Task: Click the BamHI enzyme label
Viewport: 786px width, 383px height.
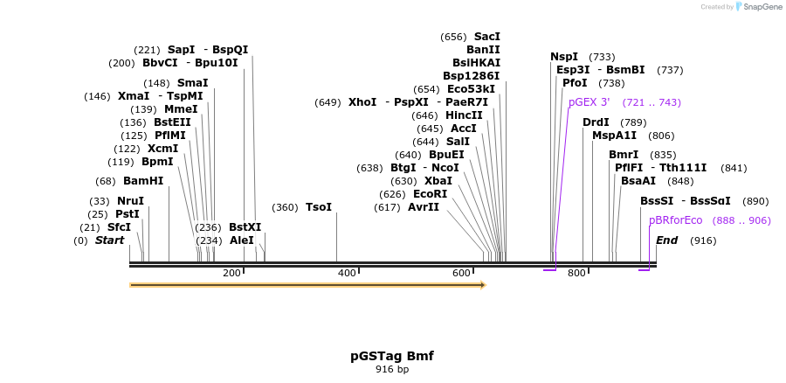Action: click(143, 181)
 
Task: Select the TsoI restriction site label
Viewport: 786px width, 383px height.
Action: click(318, 207)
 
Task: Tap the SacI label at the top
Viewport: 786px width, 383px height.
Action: click(486, 37)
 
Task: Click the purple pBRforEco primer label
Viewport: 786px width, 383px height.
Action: click(675, 220)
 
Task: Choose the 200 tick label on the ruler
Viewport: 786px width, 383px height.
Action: click(231, 274)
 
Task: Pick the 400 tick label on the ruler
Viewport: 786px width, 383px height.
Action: click(347, 274)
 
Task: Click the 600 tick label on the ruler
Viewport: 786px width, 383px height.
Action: click(462, 274)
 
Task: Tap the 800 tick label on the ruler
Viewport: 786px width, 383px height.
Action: click(576, 274)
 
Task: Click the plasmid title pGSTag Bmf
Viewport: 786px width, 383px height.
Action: click(392, 356)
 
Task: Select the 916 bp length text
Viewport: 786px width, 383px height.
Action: click(392, 370)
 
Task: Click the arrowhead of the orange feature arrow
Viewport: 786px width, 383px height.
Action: click(482, 285)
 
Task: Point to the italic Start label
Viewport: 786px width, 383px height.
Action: click(109, 240)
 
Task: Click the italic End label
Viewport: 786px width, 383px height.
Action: click(666, 240)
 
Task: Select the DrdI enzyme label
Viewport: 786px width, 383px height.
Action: click(596, 122)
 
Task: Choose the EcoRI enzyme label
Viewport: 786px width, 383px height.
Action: click(430, 194)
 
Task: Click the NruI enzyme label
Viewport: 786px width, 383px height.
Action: click(130, 201)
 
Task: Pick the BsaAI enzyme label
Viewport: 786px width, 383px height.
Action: click(638, 181)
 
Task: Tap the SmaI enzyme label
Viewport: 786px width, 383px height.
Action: click(192, 83)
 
